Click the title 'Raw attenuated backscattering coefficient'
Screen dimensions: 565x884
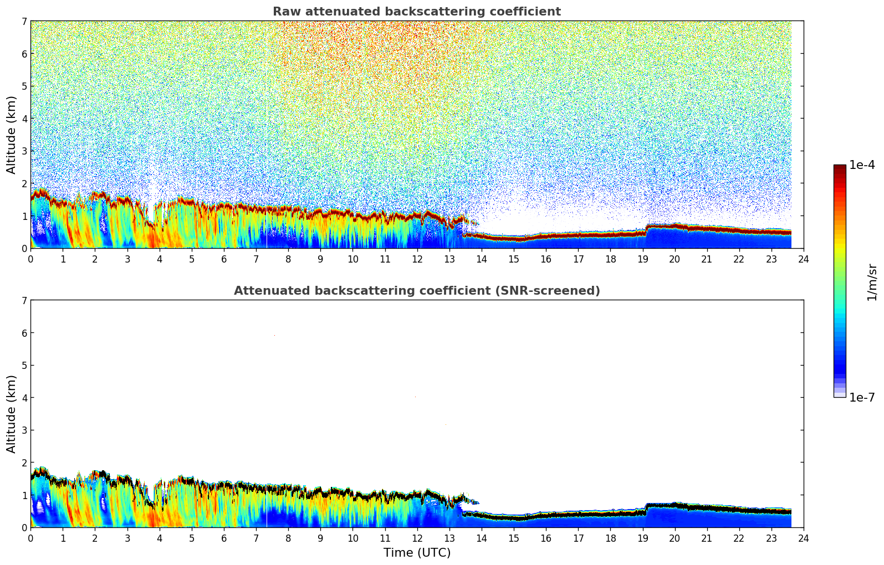416,12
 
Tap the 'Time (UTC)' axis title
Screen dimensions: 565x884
417,553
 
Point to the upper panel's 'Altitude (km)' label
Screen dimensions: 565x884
12,135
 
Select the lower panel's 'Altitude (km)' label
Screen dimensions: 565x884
12,414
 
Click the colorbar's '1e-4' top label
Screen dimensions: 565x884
862,165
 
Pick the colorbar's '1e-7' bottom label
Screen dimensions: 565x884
862,397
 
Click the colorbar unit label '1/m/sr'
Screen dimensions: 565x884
872,282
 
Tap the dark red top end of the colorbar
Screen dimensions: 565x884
839,168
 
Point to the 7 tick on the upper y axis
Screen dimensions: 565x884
24,22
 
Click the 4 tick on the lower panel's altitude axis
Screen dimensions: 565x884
24,398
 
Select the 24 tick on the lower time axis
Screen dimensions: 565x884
804,538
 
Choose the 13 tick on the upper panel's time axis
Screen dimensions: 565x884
449,259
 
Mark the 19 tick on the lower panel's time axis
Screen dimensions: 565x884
642,538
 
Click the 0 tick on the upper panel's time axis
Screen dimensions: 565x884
30,259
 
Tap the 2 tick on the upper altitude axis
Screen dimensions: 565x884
24,183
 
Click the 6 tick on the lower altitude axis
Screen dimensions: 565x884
24,333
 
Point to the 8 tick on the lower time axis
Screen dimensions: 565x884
288,538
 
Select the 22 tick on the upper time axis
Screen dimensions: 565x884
739,259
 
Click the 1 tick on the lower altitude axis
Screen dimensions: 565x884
24,495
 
